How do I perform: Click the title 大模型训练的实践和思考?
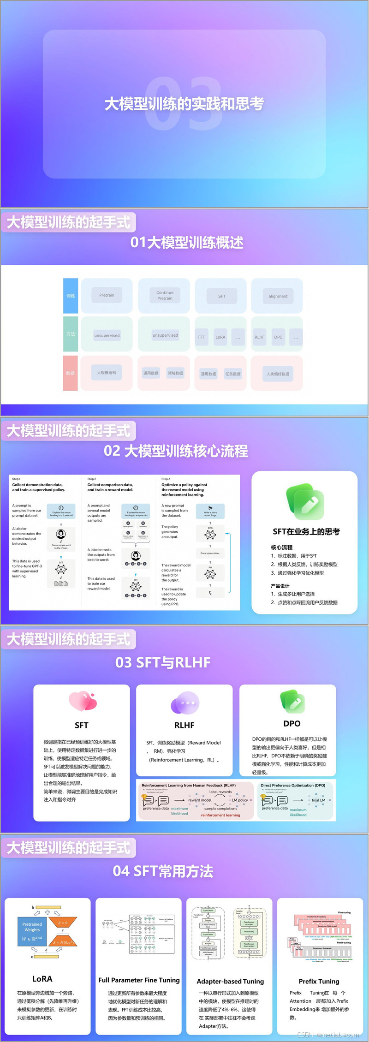click(x=184, y=104)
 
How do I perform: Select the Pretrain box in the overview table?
click(x=107, y=295)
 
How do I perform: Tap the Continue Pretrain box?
click(x=165, y=296)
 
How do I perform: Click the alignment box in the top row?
click(x=278, y=297)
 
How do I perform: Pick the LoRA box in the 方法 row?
click(x=220, y=337)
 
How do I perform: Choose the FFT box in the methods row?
click(x=202, y=337)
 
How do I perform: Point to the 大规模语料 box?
click(x=107, y=373)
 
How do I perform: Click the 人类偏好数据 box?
click(x=278, y=374)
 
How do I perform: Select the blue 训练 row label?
click(x=71, y=296)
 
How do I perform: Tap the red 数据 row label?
click(x=70, y=373)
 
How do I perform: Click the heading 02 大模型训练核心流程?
click(x=176, y=451)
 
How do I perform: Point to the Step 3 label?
click(x=166, y=479)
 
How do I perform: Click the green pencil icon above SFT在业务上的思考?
click(x=305, y=501)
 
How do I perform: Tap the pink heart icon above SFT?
click(x=83, y=702)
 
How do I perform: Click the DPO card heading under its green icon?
click(x=292, y=724)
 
